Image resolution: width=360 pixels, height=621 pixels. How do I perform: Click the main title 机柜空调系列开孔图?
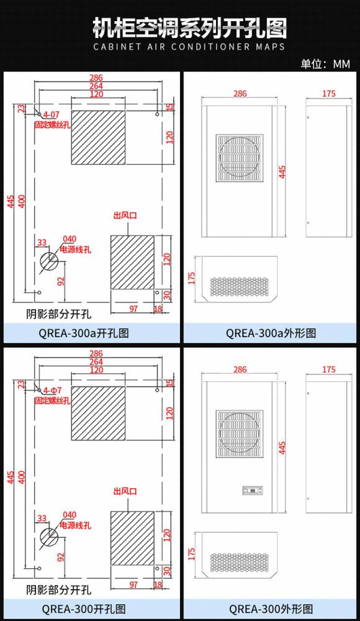(x=189, y=28)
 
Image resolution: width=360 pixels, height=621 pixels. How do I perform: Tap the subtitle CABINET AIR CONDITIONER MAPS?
(x=189, y=47)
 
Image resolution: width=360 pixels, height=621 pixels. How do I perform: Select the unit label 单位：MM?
(x=325, y=64)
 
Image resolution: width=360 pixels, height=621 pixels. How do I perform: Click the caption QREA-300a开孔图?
(x=84, y=333)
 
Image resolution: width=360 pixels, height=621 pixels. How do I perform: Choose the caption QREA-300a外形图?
(x=271, y=333)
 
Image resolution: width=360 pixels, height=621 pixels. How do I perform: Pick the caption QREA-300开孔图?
(x=84, y=609)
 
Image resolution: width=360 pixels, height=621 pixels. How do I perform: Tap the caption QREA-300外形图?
(x=271, y=609)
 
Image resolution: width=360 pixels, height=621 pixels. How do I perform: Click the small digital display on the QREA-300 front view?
(x=252, y=491)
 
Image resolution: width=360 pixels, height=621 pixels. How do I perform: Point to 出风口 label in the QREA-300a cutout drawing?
(x=125, y=215)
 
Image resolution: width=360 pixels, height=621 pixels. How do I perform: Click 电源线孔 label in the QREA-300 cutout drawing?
(x=75, y=525)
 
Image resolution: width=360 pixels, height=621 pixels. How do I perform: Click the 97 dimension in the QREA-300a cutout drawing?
(x=133, y=309)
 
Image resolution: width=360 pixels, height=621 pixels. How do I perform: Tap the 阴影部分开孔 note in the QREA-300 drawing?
(x=58, y=590)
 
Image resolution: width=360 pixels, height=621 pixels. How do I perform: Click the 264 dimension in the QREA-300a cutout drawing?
(x=96, y=86)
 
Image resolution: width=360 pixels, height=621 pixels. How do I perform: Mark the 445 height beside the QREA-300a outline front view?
(x=282, y=171)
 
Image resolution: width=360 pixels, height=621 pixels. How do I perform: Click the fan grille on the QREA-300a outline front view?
(x=240, y=158)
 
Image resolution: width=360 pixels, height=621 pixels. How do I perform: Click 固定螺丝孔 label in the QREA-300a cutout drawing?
(x=52, y=124)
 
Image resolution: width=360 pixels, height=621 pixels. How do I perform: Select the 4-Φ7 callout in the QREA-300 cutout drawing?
(x=52, y=391)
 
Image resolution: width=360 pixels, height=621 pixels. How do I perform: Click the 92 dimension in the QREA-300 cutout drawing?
(x=61, y=556)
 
